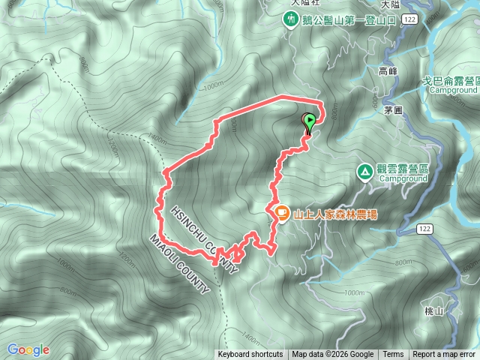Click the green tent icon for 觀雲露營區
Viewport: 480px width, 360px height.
pos(364,172)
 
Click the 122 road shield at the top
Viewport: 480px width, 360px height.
pos(409,17)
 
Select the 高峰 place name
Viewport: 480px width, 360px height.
pos(388,71)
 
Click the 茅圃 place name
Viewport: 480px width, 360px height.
pos(393,109)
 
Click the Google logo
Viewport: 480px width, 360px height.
pos(28,349)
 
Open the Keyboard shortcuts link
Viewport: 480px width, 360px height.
pos(250,355)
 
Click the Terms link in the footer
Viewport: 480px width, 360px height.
pos(393,355)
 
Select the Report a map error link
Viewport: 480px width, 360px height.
pos(445,355)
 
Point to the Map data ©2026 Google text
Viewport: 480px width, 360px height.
pos(333,355)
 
